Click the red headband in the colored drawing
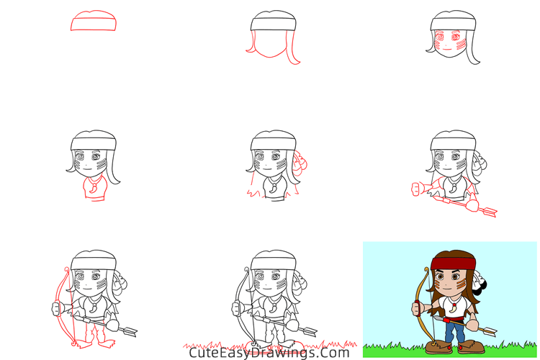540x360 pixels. tap(454, 263)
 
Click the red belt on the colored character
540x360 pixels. tap(453, 318)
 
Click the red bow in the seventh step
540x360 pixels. tap(63, 302)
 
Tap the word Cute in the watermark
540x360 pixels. tap(204, 352)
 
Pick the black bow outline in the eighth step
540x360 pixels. tap(245, 302)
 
